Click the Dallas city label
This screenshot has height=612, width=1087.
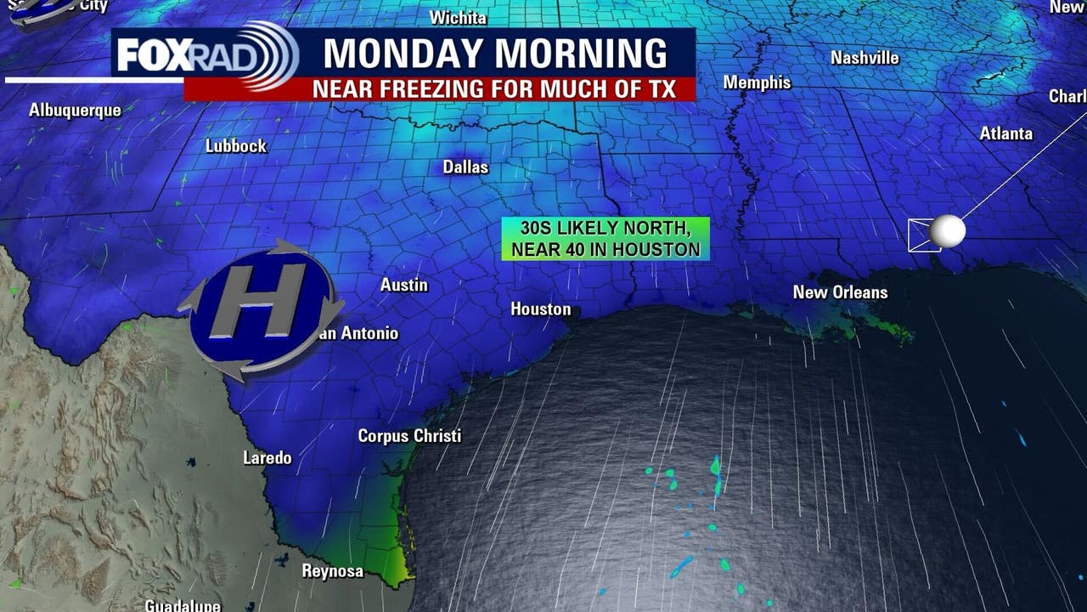tap(465, 167)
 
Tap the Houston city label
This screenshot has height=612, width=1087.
tap(540, 309)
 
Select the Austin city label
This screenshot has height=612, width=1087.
tap(403, 285)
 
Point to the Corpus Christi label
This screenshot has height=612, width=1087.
tap(409, 436)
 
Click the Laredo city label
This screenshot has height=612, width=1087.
tap(267, 458)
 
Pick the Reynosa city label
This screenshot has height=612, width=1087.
tap(332, 571)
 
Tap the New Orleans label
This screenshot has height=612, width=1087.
tap(840, 292)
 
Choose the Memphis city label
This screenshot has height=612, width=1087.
tap(757, 82)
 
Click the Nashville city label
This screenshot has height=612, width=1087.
tap(865, 58)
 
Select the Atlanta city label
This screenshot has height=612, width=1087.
tap(1005, 133)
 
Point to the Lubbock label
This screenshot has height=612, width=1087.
tap(235, 146)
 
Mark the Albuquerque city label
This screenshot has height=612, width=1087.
tap(75, 110)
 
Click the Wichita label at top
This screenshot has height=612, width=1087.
tap(458, 18)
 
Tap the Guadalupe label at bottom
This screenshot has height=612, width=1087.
tap(183, 605)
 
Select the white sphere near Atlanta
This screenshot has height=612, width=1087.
tap(947, 231)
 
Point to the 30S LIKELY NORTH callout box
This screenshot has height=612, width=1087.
tap(605, 239)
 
